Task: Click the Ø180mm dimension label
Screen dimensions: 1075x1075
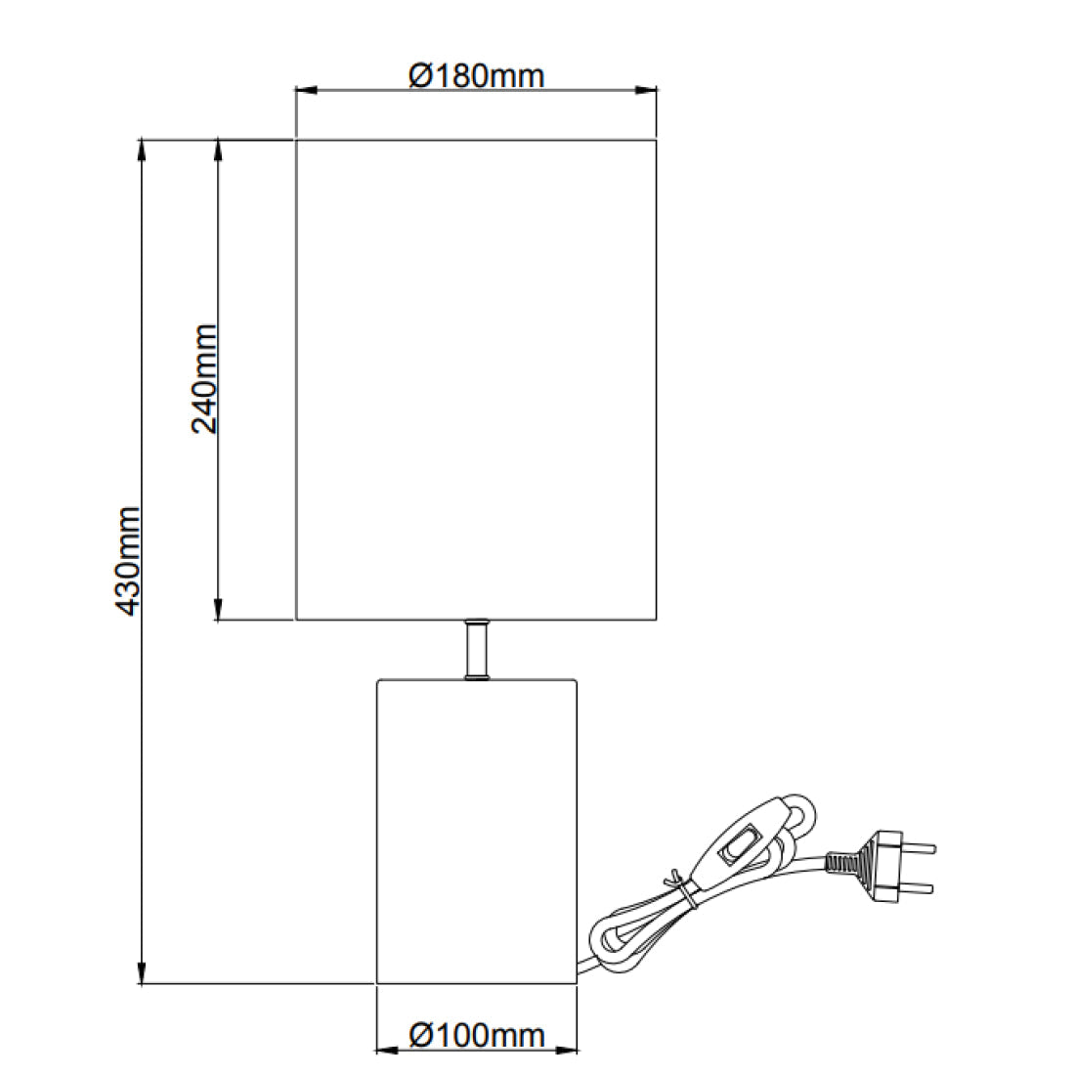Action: click(x=476, y=74)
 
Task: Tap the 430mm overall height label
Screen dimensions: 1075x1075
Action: click(x=127, y=561)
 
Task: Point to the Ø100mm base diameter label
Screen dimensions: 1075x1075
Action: click(x=476, y=1034)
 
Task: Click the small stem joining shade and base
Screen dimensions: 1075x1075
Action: click(x=476, y=649)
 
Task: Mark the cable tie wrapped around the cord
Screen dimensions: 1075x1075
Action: click(x=683, y=891)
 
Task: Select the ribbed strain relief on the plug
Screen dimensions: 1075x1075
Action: click(x=841, y=862)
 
